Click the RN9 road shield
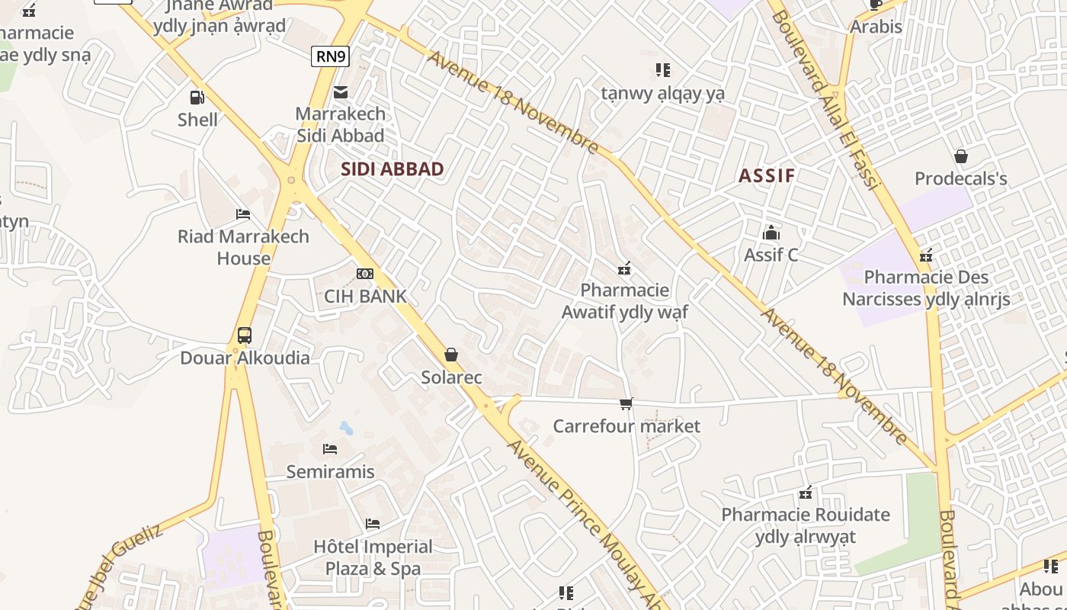(x=330, y=56)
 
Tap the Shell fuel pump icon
(x=197, y=98)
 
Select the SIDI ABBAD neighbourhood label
(x=393, y=169)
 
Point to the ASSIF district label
(x=767, y=175)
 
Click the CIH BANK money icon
(x=365, y=274)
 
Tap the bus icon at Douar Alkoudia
(x=245, y=335)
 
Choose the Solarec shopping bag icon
(x=451, y=355)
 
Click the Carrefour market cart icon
(x=626, y=403)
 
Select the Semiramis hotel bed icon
(x=330, y=449)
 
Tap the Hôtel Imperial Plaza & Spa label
(x=373, y=557)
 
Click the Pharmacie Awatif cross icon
(x=624, y=268)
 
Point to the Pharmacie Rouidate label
(x=806, y=525)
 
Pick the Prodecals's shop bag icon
(x=960, y=156)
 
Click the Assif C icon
(x=771, y=233)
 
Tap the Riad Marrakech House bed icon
(x=243, y=214)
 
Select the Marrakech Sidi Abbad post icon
(x=341, y=92)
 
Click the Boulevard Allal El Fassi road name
(x=826, y=99)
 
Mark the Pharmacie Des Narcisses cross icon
(x=926, y=255)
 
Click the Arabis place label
(x=876, y=27)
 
